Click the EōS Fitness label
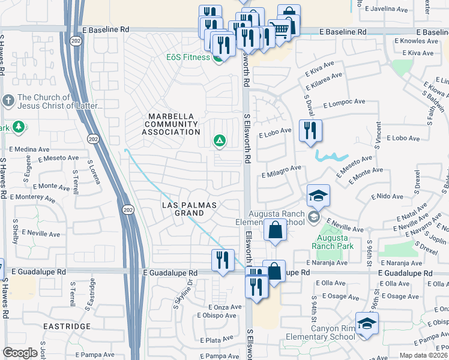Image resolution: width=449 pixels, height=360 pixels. pyautogui.click(x=188, y=58)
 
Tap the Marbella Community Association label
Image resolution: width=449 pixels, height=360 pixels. pyautogui.click(x=172, y=124)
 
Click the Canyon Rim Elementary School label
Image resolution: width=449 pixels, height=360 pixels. pyautogui.click(x=333, y=332)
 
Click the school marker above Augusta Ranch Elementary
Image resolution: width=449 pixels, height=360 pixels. pyautogui.click(x=318, y=196)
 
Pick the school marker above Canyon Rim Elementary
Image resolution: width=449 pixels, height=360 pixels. pyautogui.click(x=366, y=324)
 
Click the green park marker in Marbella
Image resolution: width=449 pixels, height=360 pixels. pyautogui.click(x=220, y=141)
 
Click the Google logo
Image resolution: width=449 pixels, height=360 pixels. pyautogui.click(x=20, y=352)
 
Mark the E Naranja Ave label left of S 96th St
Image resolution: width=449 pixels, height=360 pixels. pyautogui.click(x=327, y=263)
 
